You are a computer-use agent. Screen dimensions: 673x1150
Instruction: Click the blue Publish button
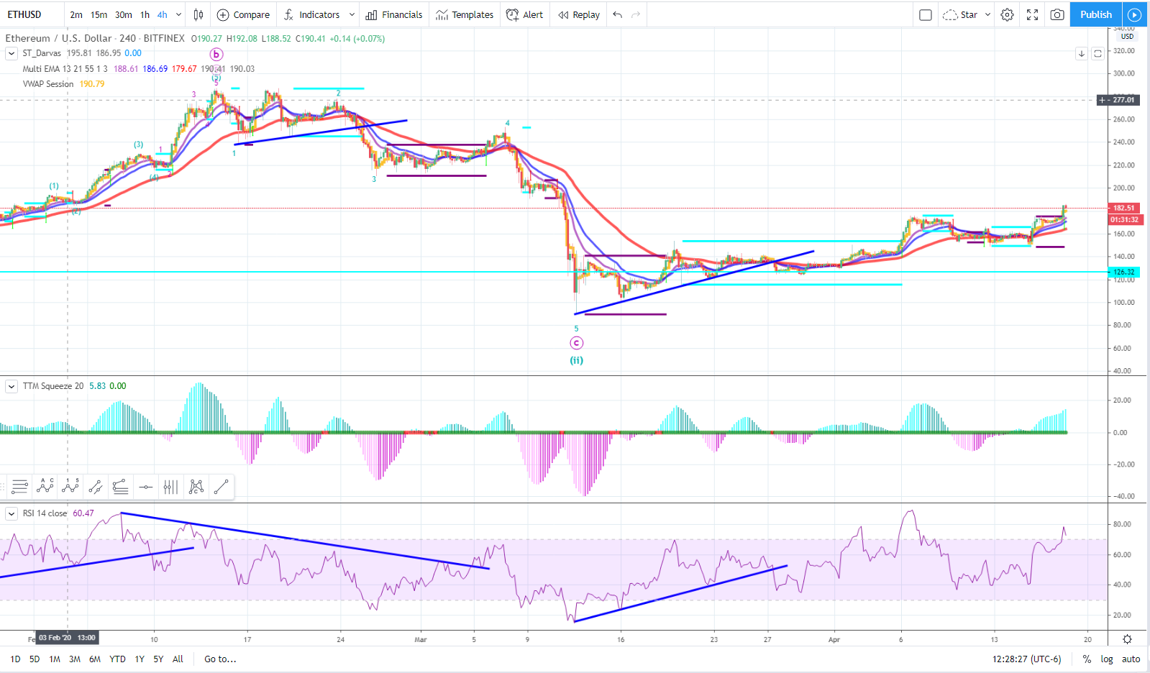[x=1095, y=14]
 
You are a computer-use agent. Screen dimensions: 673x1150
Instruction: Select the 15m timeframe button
[x=99, y=14]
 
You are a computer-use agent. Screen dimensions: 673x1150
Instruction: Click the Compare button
[x=243, y=14]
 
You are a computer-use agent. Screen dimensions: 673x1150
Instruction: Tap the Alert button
[x=525, y=14]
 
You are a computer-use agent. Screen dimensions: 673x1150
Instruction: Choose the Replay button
[x=579, y=14]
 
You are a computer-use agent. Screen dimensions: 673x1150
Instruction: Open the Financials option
[x=394, y=14]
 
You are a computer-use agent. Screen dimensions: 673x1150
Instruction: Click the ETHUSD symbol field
[x=24, y=14]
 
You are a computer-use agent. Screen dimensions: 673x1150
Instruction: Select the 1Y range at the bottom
[x=140, y=659]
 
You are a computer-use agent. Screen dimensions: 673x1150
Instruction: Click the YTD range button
[x=117, y=659]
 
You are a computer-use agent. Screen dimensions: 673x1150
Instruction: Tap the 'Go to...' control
[x=220, y=659]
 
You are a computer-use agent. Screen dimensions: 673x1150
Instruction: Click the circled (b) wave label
[x=216, y=54]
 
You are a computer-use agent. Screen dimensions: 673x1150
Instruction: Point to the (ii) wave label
[x=577, y=360]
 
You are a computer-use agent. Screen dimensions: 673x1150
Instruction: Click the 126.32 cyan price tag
[x=1123, y=272]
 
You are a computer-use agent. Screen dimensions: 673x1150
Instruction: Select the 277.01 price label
[x=1123, y=100]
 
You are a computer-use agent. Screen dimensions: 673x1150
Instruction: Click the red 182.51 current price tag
[x=1123, y=208]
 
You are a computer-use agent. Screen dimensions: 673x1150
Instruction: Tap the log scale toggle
[x=1107, y=659]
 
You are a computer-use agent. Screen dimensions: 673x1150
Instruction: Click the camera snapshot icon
[x=1057, y=14]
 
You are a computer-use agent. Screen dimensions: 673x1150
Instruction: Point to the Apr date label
[x=834, y=639]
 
